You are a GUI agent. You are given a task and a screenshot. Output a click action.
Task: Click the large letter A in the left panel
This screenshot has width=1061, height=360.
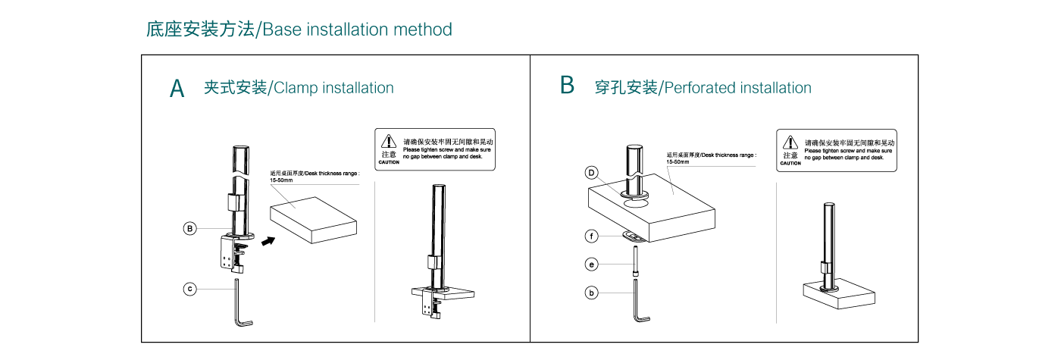coord(177,89)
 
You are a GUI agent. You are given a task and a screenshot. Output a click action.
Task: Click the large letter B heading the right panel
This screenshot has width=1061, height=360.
coord(567,85)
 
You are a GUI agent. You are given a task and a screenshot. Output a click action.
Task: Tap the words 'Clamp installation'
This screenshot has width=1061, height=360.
coord(333,88)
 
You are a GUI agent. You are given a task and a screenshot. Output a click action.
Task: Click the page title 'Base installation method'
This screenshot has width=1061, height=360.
coord(358,30)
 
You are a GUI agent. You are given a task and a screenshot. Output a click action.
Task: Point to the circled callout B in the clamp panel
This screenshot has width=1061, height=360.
coord(190,228)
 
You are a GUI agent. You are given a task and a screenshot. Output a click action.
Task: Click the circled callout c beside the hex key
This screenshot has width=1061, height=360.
coord(190,288)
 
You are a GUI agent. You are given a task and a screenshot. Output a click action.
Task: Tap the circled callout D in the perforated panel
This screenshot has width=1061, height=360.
coord(592,173)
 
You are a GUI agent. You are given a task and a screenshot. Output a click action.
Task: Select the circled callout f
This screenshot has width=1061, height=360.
coord(592,236)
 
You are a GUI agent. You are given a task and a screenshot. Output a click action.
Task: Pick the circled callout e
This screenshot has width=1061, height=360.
coord(592,264)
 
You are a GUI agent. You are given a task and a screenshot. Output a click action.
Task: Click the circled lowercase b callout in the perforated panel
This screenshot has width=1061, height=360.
coord(592,292)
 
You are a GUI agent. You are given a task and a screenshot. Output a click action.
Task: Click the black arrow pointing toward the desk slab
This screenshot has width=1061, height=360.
coord(267,241)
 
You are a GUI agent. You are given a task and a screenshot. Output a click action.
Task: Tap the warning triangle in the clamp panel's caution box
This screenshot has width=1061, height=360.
coord(388,141)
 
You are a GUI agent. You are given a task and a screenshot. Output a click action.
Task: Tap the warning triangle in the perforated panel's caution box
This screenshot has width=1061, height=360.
coord(790,142)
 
